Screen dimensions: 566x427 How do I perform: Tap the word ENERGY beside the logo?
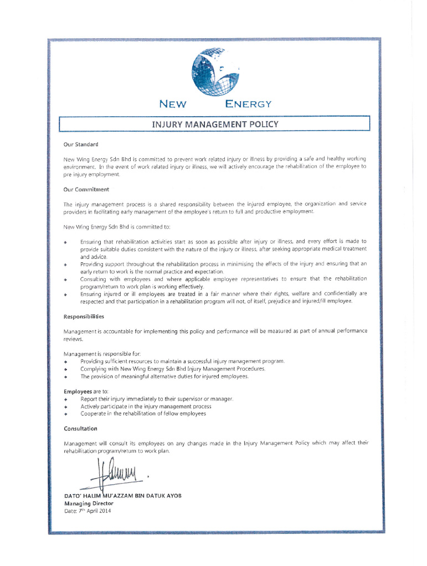coord(248,103)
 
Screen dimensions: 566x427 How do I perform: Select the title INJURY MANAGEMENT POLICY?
coord(215,124)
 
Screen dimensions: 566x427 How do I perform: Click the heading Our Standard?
coord(81,144)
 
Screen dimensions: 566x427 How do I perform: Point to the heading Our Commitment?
coord(86,189)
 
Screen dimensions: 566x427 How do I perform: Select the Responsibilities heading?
coord(84,316)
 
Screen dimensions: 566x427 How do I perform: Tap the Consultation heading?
coord(80,428)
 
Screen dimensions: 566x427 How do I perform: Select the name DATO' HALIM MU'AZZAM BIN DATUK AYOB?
coord(122,496)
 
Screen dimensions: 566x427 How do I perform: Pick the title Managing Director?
coord(89,503)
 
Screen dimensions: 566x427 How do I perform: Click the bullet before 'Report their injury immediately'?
coord(66,399)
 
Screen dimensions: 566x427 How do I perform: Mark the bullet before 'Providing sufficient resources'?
coord(66,361)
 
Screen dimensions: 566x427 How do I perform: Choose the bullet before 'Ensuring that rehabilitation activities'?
coord(66,242)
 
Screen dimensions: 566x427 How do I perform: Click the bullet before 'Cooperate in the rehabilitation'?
coord(66,414)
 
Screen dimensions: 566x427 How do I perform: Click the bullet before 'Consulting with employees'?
coord(66,279)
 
